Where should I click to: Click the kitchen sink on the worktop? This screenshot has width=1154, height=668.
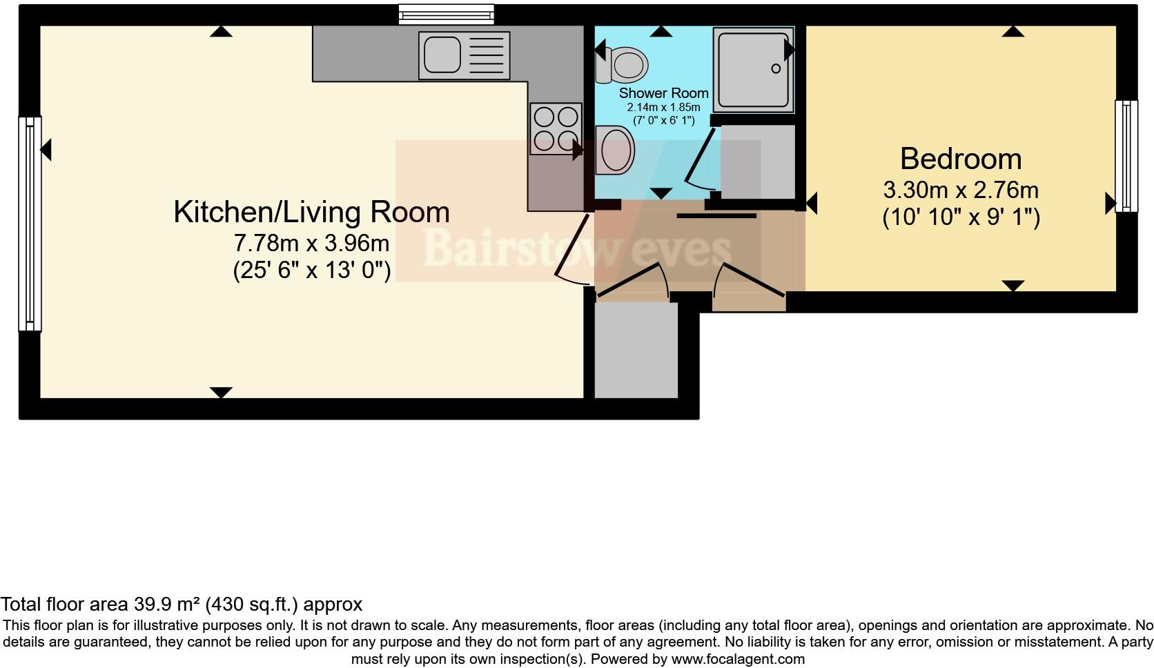[442, 55]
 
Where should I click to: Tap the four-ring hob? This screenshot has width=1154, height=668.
[555, 128]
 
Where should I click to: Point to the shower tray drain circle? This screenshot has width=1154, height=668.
[776, 68]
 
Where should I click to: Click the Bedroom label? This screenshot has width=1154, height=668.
[960, 159]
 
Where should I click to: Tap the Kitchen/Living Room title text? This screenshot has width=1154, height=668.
[311, 213]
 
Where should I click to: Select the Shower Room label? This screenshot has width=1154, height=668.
[663, 93]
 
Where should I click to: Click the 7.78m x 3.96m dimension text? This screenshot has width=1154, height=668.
[311, 244]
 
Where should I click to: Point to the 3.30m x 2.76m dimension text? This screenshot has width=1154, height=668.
[960, 190]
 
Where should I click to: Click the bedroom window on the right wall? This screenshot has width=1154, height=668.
[1126, 155]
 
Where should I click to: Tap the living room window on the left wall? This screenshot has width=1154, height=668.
[30, 224]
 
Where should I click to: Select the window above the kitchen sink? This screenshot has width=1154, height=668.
[447, 14]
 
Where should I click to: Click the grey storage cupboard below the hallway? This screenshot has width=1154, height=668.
[636, 350]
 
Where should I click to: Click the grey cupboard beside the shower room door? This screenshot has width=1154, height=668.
[758, 162]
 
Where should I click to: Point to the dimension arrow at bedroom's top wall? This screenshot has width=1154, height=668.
[1013, 31]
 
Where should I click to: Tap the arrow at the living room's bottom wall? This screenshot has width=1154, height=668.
[220, 393]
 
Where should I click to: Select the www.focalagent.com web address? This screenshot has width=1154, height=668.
[738, 659]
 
